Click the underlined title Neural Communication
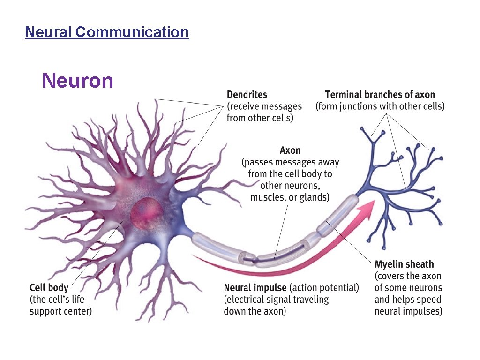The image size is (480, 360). tap(107, 32)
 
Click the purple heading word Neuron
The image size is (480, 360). tap(78, 81)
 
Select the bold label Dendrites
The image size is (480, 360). tap(247, 95)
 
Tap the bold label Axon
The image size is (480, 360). tap(290, 150)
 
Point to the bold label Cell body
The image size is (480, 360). tap(49, 287)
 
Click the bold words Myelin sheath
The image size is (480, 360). tap(404, 264)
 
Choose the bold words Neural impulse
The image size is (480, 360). tap(255, 287)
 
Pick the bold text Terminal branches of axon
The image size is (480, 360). tap(380, 95)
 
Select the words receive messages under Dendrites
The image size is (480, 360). tap(263, 106)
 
